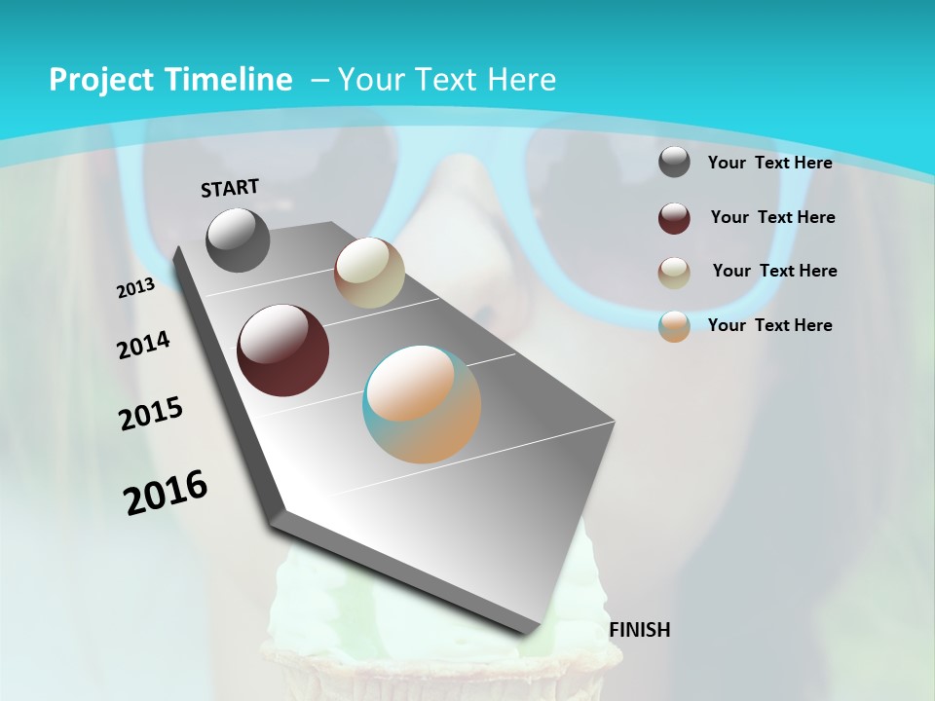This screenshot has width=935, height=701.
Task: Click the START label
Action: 230,188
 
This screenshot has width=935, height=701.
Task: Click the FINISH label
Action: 640,630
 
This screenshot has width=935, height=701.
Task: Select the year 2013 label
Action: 136,288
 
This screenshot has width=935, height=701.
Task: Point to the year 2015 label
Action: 151,414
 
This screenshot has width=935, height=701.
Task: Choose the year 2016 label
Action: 166,493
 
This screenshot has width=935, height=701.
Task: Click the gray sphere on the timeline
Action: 238,240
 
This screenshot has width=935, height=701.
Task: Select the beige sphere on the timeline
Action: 369,274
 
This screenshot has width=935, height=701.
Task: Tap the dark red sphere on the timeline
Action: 283,350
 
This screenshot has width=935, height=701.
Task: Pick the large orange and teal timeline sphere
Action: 422,404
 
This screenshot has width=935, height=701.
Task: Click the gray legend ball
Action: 674,162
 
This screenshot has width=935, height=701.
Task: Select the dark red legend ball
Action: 674,218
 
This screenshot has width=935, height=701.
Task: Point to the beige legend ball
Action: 674,273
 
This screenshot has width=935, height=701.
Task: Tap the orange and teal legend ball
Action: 674,326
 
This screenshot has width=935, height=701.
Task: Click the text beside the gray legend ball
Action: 769,163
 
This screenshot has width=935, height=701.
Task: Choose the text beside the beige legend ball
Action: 774,271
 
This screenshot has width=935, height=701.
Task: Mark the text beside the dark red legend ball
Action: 772,217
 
